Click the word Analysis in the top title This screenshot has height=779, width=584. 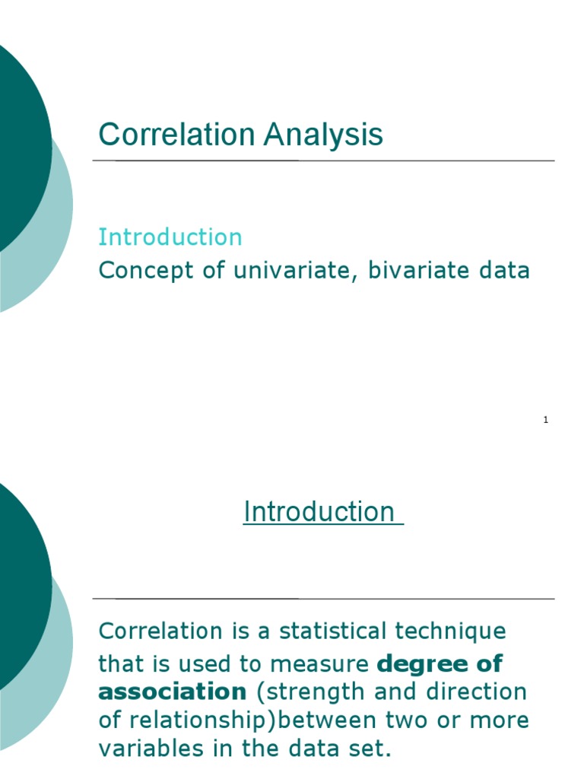coord(323,135)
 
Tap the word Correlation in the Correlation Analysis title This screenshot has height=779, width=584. coord(176,135)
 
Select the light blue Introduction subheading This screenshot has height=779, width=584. coord(170,237)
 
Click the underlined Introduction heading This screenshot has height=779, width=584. coord(319,512)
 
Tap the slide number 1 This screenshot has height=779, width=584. coord(546,420)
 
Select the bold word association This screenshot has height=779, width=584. coord(173,692)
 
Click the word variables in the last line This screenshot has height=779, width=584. coord(146,749)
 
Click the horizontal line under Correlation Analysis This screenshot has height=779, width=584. coord(323,161)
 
